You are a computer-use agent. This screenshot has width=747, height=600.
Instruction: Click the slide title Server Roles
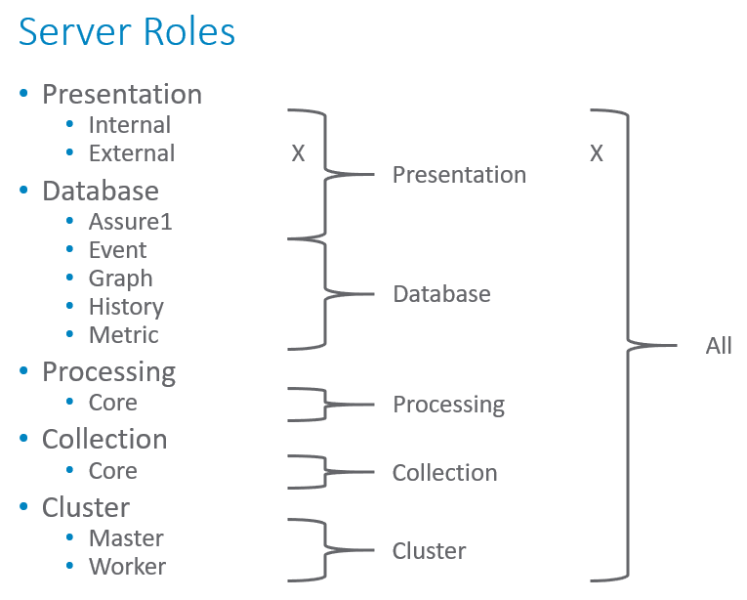pos(127,32)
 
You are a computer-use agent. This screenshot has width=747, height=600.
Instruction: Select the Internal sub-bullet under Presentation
pos(129,125)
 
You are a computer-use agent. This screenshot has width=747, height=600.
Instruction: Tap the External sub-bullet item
pos(132,153)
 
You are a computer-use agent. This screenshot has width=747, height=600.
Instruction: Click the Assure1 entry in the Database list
pos(130,222)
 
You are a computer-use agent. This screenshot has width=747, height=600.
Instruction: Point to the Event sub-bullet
pos(117,250)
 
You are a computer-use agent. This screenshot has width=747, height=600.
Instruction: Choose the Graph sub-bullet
pos(120,279)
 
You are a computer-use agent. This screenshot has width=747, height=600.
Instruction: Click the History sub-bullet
pos(126,307)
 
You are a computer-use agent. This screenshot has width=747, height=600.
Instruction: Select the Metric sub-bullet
pos(123,335)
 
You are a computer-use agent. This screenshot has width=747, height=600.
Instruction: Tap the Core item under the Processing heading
pos(112,403)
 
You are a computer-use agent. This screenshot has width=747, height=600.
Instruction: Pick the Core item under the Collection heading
pos(112,471)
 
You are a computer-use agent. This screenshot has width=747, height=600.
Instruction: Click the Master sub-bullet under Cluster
pos(126,538)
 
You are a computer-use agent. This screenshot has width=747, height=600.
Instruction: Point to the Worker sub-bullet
pos(127,567)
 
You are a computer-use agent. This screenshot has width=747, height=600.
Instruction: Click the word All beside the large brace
pos(719,346)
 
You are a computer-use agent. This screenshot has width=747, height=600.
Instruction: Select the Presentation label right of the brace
pos(459,175)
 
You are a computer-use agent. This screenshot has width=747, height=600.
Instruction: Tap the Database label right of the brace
pos(441,294)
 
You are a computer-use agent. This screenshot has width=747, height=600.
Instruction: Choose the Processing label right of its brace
pos(448,405)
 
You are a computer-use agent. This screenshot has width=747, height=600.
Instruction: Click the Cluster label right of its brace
pos(429,551)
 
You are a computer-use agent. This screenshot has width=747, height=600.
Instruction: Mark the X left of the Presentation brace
pos(299,154)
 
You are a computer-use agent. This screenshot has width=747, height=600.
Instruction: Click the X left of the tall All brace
pos(597,154)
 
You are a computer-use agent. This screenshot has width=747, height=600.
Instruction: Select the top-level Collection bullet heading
pos(104,440)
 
